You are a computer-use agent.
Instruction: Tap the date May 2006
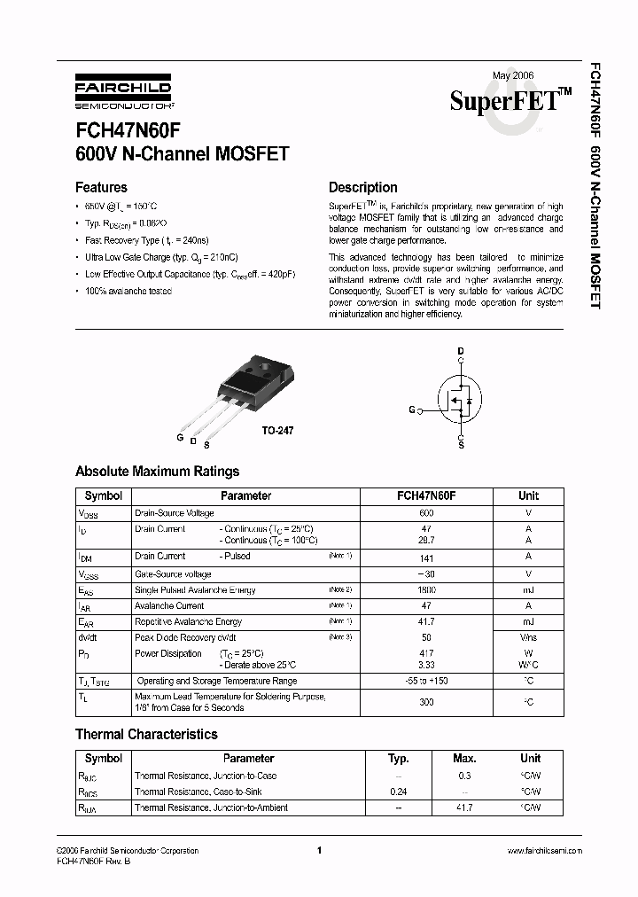513,76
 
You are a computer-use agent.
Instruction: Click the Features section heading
101,187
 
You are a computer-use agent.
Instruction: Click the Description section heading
362,187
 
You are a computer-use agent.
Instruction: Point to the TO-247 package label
277,430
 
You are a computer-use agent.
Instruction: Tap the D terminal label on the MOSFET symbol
460,352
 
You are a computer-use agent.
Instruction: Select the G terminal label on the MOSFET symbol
411,410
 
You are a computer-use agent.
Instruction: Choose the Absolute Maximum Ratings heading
157,472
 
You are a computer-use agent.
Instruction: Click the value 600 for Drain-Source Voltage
426,513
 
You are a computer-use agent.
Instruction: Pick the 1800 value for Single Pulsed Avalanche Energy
426,590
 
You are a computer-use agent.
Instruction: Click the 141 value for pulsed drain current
426,558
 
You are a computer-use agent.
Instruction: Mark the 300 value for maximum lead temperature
426,701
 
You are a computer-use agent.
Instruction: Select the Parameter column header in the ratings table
245,496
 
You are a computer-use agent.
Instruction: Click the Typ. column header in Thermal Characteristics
399,759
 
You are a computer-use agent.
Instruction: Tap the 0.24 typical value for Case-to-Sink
399,792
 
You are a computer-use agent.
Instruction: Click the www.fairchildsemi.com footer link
544,851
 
